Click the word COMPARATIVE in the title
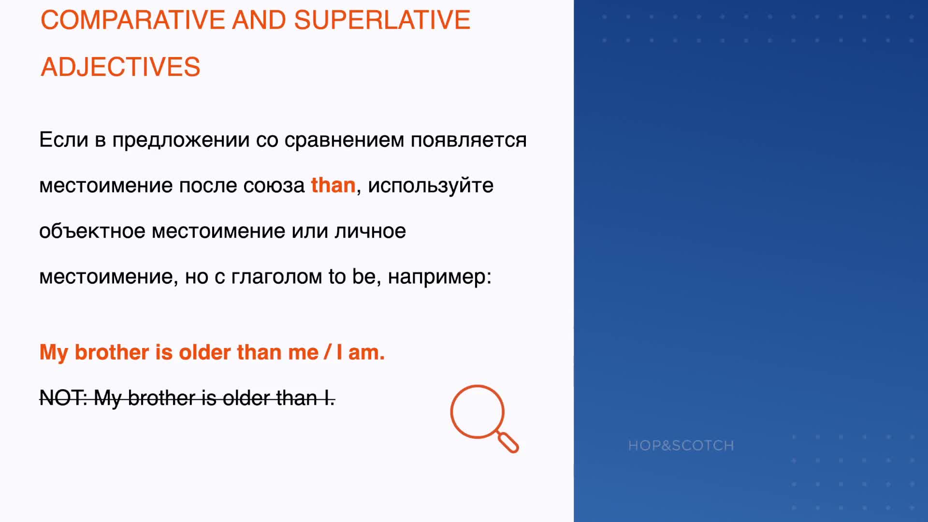(x=133, y=20)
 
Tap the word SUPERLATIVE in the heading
(x=382, y=20)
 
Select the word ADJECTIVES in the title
(x=120, y=67)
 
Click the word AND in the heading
(x=260, y=20)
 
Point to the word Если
(x=64, y=140)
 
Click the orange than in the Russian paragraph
(x=333, y=185)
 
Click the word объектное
(x=92, y=231)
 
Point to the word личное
(x=370, y=231)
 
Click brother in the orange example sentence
(x=112, y=352)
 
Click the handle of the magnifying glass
(x=508, y=443)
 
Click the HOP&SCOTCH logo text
(x=681, y=445)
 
